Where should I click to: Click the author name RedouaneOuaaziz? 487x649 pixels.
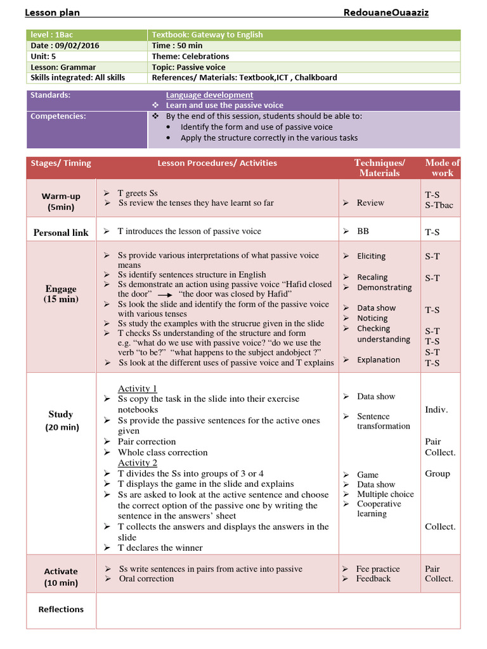coord(390,13)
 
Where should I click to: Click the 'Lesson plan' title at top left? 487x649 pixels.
coord(52,13)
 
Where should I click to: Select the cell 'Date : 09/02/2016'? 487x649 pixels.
coord(65,46)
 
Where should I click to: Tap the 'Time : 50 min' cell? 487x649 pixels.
coord(177,46)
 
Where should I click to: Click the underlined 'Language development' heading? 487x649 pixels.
coord(209,95)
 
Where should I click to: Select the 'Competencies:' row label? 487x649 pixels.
coord(58,116)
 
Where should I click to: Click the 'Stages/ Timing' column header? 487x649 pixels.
coord(61,163)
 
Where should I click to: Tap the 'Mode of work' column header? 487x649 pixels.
coord(442,168)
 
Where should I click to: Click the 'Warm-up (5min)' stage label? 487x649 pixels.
coord(61,202)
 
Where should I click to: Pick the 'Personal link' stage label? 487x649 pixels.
coord(61,233)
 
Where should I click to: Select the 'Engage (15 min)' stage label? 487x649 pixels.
coord(61,293)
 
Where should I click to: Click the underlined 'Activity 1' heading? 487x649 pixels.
coord(137,389)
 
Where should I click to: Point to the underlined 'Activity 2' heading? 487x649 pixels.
coord(137,463)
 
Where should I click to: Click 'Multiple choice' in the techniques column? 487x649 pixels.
coord(385,494)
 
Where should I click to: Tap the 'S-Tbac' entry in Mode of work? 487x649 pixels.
coord(439,205)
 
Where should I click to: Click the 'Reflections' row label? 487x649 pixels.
coord(61,609)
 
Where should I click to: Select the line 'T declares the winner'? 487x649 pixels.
coord(160,548)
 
